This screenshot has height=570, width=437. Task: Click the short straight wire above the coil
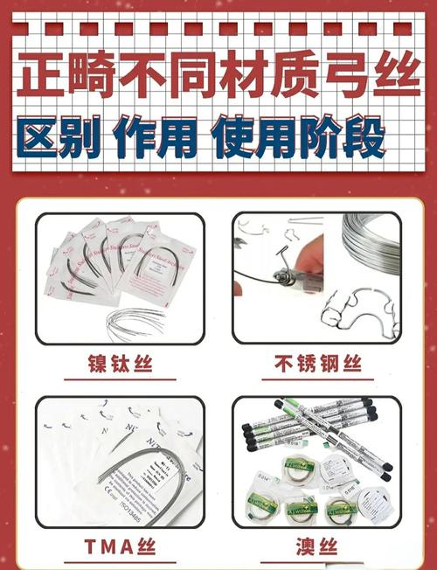coord(306,219)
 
